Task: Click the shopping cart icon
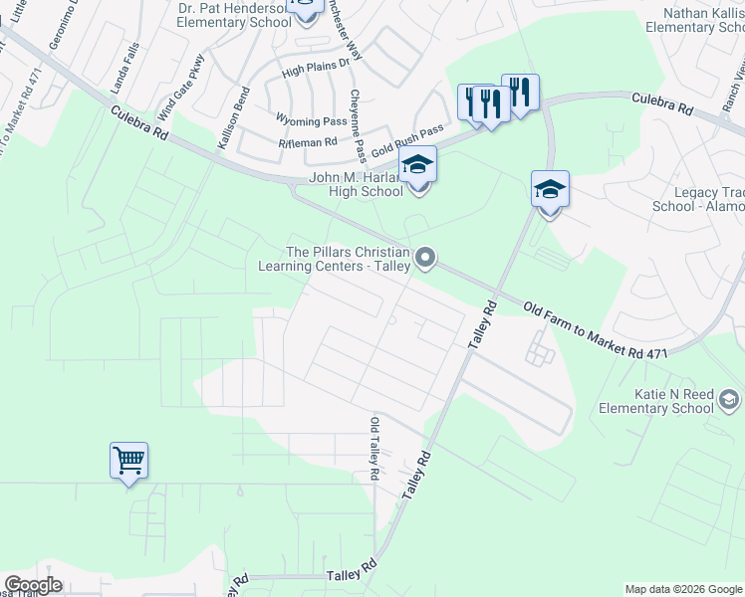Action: [x=128, y=461]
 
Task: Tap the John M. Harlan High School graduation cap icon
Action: [x=418, y=165]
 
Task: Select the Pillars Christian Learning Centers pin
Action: [x=426, y=259]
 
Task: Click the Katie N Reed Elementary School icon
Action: [x=728, y=401]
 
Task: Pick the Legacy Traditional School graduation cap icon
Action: [x=550, y=189]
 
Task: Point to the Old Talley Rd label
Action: [x=374, y=449]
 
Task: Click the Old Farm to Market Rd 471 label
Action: [x=594, y=332]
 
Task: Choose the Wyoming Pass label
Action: [x=312, y=120]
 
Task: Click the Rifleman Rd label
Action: [x=308, y=142]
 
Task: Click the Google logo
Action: [x=32, y=585]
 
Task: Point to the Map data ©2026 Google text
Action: [x=682, y=589]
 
